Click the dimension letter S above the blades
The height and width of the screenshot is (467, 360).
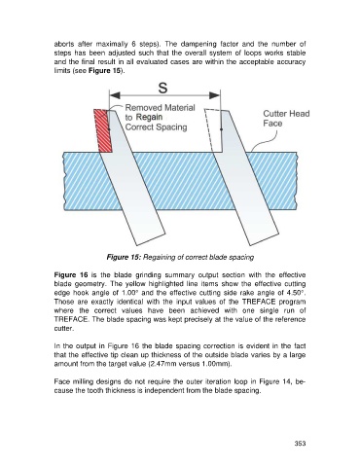(163, 88)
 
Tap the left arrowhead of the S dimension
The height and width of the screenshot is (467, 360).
(115, 95)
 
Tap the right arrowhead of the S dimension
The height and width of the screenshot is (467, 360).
(215, 95)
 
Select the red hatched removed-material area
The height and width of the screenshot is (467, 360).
(103, 130)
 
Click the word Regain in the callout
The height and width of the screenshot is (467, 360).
(150, 117)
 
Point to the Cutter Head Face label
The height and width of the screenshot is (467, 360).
(286, 119)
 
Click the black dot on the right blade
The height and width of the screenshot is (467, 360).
(221, 129)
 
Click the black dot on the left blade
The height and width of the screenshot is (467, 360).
(109, 129)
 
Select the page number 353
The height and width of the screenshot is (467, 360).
(300, 444)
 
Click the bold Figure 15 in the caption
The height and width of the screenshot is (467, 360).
(124, 257)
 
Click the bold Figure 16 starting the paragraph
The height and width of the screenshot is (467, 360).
(71, 275)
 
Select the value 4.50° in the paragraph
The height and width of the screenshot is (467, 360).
(297, 293)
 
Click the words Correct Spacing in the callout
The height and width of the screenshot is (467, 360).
(156, 126)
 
